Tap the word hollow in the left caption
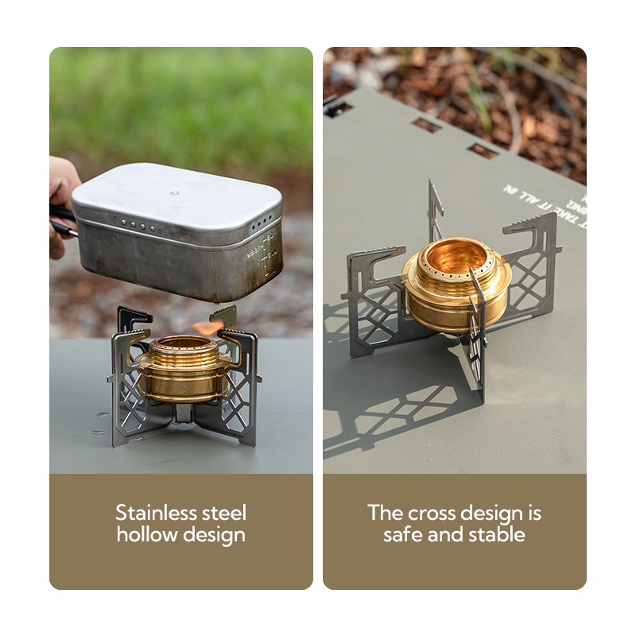pyautogui.click(x=147, y=535)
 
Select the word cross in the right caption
pyautogui.click(x=435, y=513)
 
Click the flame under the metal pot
pyautogui.click(x=208, y=326)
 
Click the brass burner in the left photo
pyautogui.click(x=183, y=370)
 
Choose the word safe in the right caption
pyautogui.click(x=402, y=534)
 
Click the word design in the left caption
pyautogui.click(x=213, y=535)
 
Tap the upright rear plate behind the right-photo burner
pyautogui.click(x=435, y=211)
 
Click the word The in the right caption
pyautogui.click(x=385, y=513)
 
